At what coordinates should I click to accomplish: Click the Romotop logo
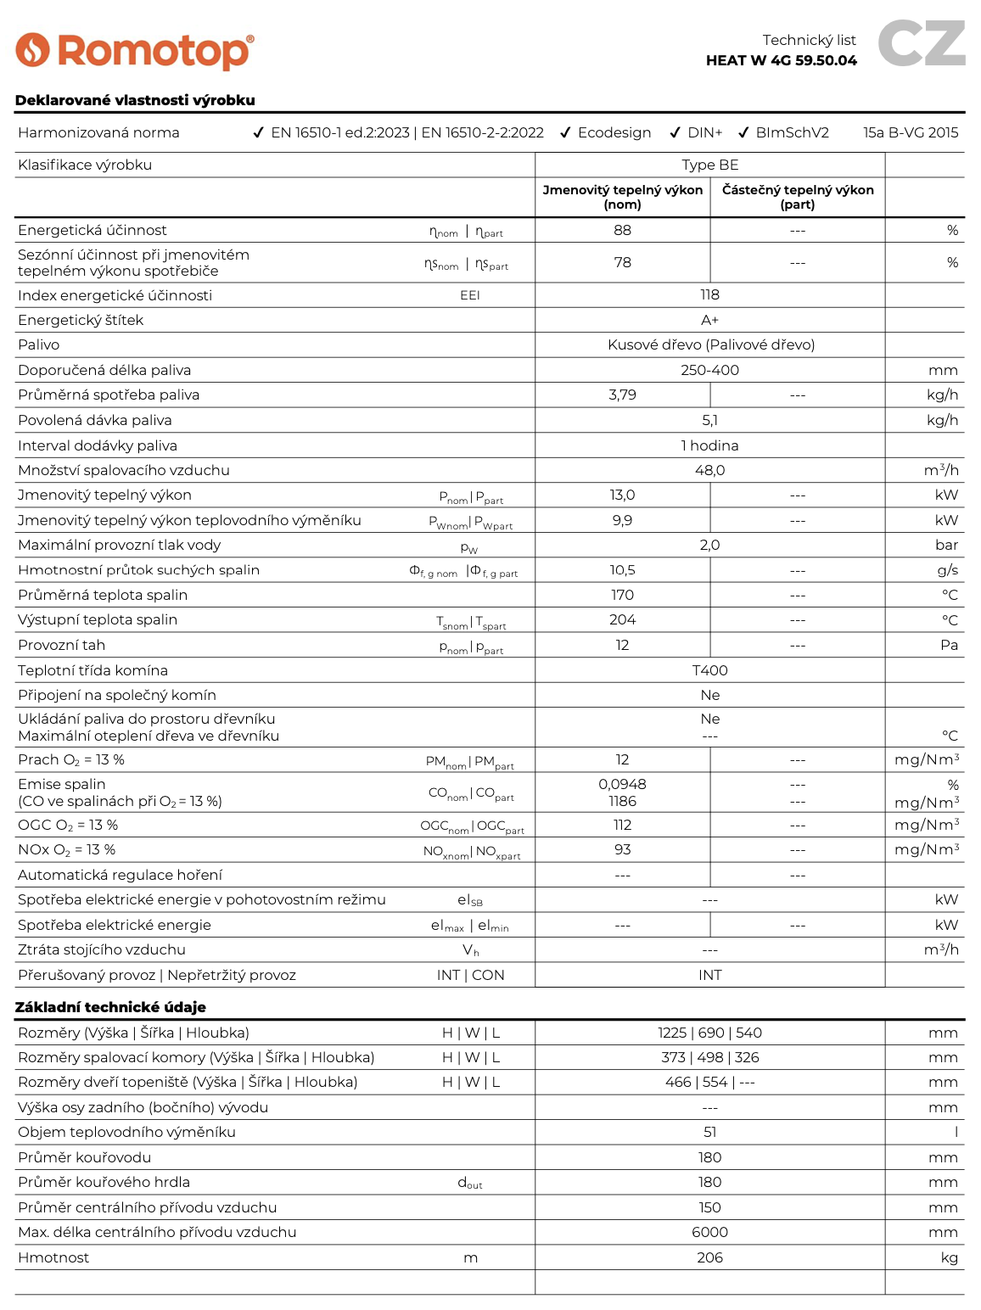pos(135,51)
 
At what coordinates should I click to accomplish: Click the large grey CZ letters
pos(921,43)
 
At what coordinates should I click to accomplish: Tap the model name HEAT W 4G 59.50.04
pos(781,60)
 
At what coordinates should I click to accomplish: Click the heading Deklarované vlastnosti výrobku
pos(135,100)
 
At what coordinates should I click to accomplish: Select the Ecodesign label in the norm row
pos(614,132)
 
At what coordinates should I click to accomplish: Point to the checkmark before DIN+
pos(675,132)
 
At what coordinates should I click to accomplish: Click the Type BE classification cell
pos(709,165)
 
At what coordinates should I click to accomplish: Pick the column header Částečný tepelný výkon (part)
pos(798,197)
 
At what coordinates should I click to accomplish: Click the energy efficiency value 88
pos(622,230)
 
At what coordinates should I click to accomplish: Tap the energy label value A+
pos(709,320)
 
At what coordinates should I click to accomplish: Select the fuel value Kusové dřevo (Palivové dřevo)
pos(710,344)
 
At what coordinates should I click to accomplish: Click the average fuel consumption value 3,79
pos(622,395)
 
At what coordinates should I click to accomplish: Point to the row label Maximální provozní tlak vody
pos(119,545)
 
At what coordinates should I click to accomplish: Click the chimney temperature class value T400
pos(709,670)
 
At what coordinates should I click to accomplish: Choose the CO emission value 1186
pos(622,801)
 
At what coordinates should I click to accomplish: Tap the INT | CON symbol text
pos(470,975)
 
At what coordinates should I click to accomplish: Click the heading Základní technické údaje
pos(110,1007)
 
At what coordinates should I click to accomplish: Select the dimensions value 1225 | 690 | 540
pos(709,1033)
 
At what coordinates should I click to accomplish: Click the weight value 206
pos(709,1257)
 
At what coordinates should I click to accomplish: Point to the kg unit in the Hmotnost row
pos(949,1257)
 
